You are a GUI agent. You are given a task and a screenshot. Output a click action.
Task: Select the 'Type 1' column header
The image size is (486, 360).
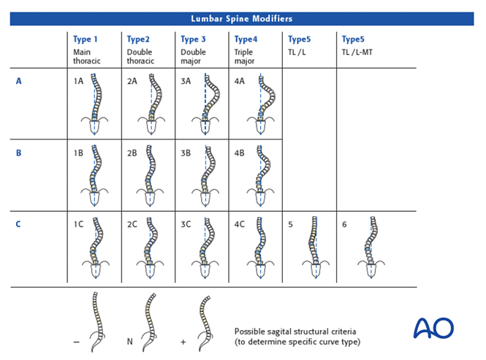click(85, 39)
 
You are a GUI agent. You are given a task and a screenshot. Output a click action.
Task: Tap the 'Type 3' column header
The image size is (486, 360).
click(193, 39)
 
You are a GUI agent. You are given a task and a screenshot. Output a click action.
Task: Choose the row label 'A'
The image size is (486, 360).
click(19, 82)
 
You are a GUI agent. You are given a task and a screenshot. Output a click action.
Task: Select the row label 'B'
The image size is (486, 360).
click(19, 153)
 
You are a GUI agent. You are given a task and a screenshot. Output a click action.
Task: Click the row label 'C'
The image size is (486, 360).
click(19, 225)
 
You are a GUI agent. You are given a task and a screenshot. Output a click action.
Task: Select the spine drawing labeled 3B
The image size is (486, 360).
click(206, 176)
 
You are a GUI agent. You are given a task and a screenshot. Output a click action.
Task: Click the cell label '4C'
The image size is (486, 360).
click(239, 225)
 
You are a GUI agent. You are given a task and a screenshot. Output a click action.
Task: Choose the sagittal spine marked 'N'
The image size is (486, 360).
click(150, 321)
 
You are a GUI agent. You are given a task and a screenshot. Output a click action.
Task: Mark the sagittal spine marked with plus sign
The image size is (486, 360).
click(205, 321)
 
